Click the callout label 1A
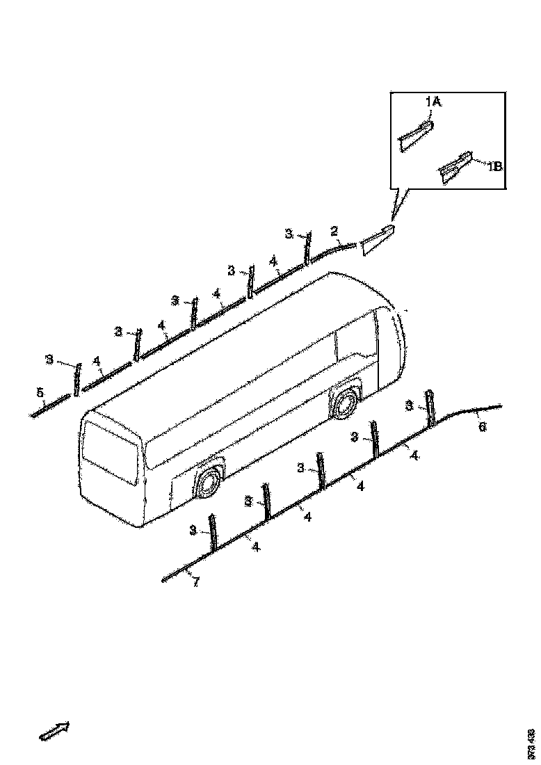click(433, 102)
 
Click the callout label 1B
click(494, 166)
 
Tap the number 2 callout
click(334, 231)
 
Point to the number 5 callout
click(40, 394)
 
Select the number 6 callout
click(482, 427)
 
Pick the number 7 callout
click(196, 582)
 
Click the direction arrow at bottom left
click(55, 731)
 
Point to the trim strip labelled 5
click(51, 406)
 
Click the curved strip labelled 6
click(473, 409)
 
